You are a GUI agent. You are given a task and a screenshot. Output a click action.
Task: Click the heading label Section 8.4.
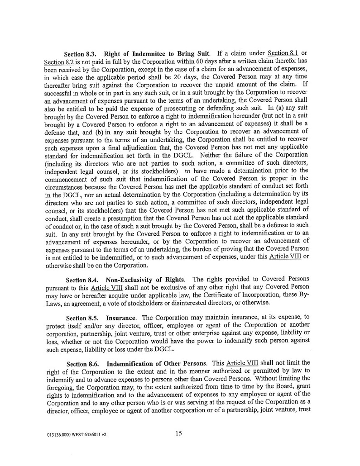click(82, 279)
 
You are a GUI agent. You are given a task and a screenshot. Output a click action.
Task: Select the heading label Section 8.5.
click(82, 319)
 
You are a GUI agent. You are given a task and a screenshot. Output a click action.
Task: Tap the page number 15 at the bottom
click(179, 433)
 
